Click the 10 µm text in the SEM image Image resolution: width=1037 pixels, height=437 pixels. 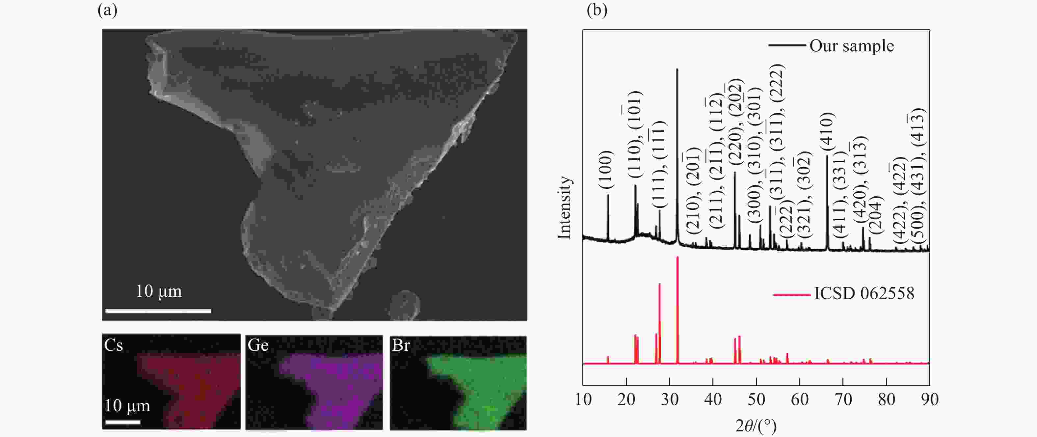coord(159,291)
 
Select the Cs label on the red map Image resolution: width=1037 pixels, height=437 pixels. coord(114,345)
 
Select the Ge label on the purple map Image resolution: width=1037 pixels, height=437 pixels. coord(258,345)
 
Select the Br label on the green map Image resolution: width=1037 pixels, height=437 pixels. coord(401,345)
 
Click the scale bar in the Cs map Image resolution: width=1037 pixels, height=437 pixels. coord(123,422)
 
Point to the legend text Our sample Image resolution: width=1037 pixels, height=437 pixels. coord(851,46)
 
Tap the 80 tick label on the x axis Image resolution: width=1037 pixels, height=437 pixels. coord(886,399)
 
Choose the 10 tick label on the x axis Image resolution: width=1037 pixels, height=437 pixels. coord(583,399)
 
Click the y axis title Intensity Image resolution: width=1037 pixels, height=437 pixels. coord(564,207)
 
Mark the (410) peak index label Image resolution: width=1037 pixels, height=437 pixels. coord(827,132)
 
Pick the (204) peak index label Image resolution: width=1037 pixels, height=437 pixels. coord(876,215)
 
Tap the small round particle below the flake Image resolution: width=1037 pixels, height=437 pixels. coord(405,305)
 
